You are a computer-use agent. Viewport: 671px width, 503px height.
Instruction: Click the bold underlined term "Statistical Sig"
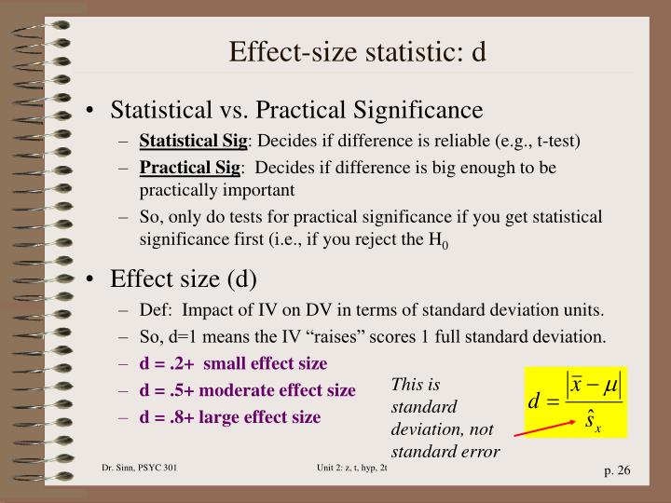(x=193, y=142)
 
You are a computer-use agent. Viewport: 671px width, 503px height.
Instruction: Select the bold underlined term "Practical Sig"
(x=189, y=168)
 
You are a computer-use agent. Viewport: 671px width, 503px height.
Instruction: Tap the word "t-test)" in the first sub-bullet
(x=555, y=142)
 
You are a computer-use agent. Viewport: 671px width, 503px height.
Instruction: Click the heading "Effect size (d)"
(x=184, y=279)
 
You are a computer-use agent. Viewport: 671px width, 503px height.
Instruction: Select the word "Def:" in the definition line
(x=156, y=310)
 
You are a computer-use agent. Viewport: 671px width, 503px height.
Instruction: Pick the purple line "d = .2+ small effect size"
(x=233, y=362)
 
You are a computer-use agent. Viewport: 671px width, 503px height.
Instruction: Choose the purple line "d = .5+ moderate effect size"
(x=247, y=389)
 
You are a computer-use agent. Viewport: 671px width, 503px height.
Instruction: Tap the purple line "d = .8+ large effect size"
(x=230, y=416)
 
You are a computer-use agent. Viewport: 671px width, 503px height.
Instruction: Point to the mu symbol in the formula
(x=610, y=383)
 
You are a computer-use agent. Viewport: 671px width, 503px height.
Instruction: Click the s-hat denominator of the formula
(x=593, y=422)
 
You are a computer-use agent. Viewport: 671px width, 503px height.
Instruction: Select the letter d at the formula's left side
(x=535, y=401)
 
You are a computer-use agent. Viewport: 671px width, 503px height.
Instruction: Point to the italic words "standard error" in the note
(x=445, y=452)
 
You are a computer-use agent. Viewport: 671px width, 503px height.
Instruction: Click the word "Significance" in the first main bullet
(x=416, y=111)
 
